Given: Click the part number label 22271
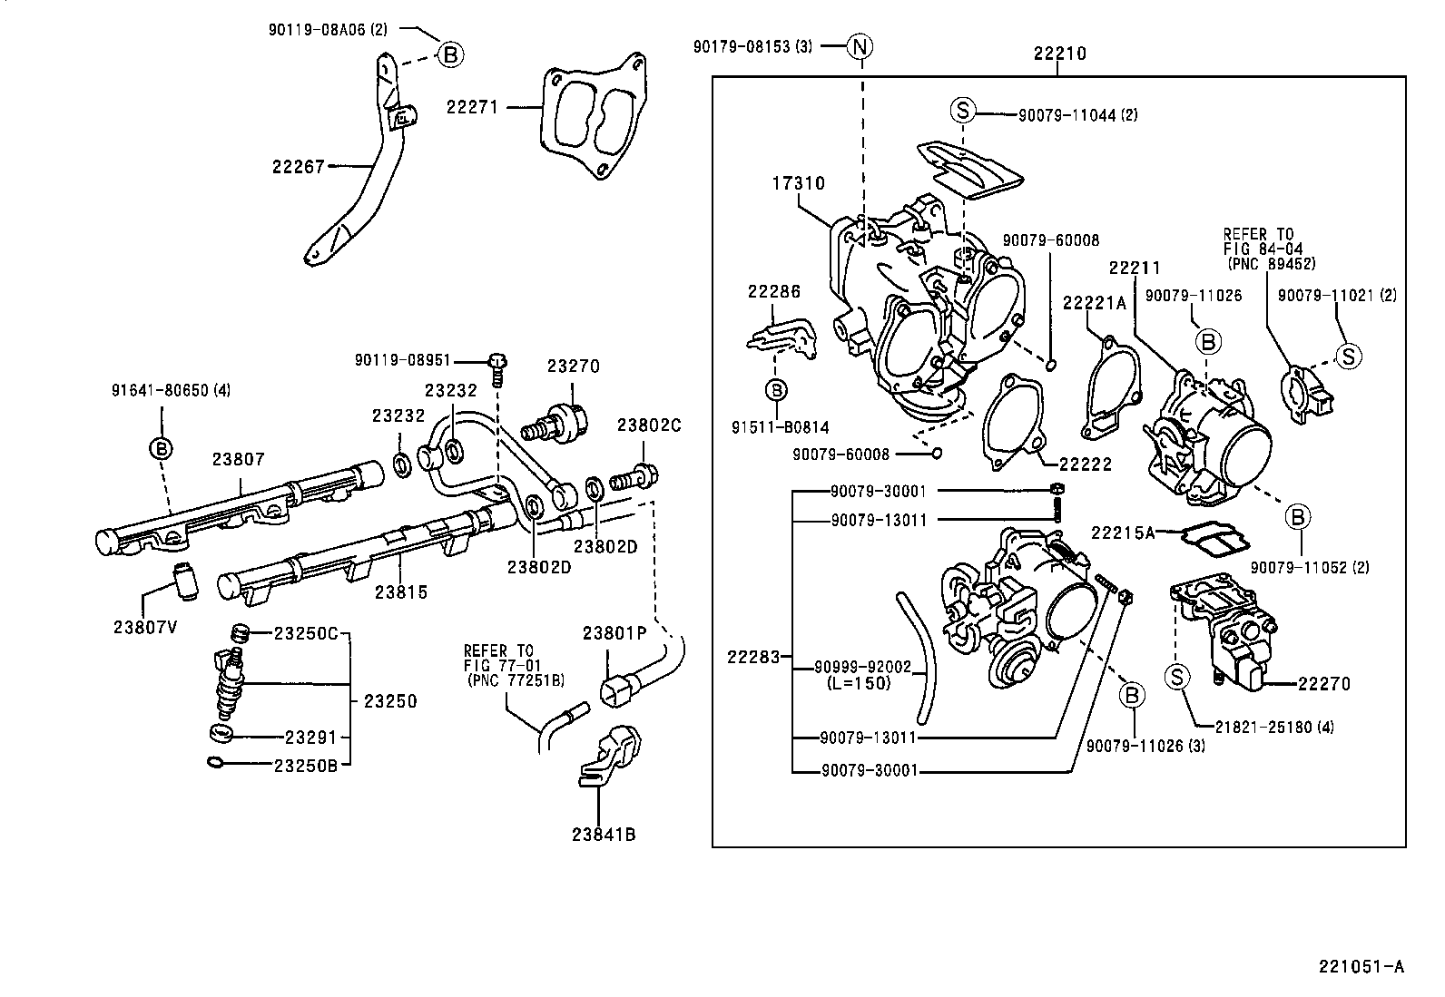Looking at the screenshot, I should pos(472,107).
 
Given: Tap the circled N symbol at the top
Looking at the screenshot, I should pos(860,47).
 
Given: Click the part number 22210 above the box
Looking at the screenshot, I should pos(1059,54).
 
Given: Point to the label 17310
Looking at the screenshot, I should pos(798,183).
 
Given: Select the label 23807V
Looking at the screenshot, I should pos(145,626).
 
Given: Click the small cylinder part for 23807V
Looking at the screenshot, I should pos(187,581).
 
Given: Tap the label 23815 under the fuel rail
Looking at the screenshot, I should pos(400,592).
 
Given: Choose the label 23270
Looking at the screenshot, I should pos(573,367).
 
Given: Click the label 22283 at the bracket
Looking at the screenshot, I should pos(753,656).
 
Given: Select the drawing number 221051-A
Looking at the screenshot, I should pos(1361,967).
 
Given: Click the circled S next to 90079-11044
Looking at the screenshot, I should pos(962,112).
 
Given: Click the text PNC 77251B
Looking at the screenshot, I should pos(516,679).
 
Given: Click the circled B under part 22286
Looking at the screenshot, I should pos(777,390).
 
